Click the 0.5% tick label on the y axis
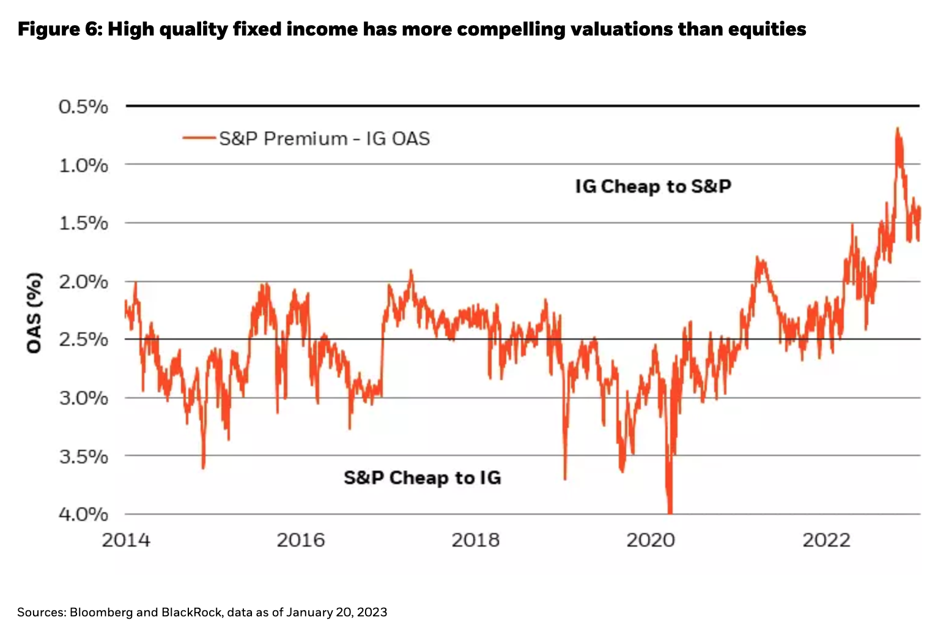[x=83, y=107]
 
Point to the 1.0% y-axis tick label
[x=83, y=165]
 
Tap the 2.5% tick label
[x=83, y=340]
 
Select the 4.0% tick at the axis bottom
[x=83, y=514]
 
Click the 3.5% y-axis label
[x=83, y=457]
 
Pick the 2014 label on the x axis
[x=126, y=540]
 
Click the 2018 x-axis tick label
[x=476, y=540]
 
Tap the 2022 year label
[x=826, y=540]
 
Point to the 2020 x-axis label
[x=651, y=540]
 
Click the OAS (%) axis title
[x=35, y=313]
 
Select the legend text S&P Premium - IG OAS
[x=325, y=139]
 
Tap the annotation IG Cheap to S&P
[x=653, y=186]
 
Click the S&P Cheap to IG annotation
[x=422, y=477]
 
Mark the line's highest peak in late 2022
[x=897, y=129]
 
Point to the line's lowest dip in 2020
[x=670, y=511]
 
